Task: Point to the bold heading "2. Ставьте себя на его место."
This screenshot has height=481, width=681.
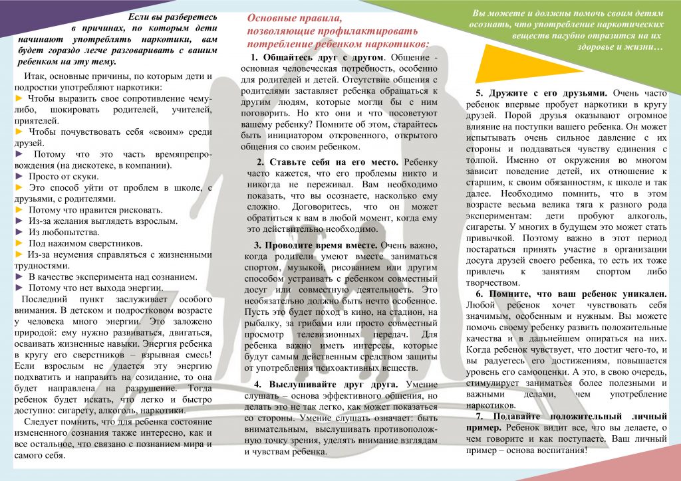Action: (x=329, y=161)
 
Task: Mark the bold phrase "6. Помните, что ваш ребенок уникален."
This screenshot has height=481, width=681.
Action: (x=571, y=293)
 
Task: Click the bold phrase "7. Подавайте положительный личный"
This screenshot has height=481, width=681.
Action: (x=571, y=416)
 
